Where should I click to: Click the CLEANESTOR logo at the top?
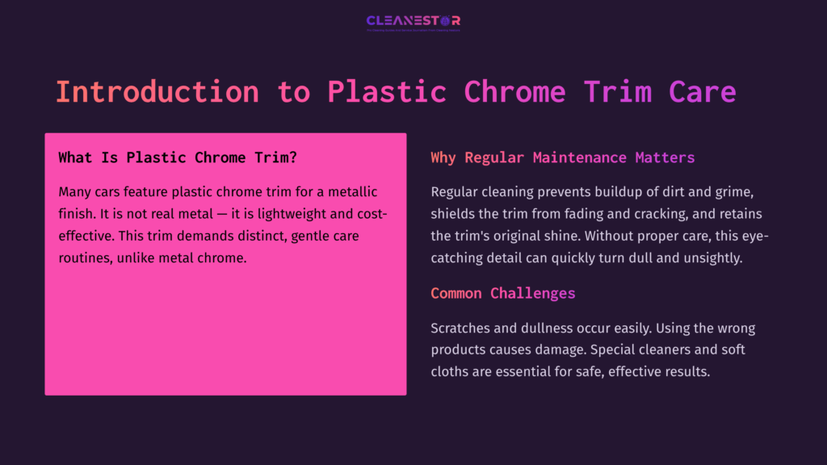413,21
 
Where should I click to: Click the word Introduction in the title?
157,91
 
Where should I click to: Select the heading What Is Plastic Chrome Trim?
177,157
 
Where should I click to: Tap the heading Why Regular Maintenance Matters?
562,157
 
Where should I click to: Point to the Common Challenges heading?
502,293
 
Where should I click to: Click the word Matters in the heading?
665,157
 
